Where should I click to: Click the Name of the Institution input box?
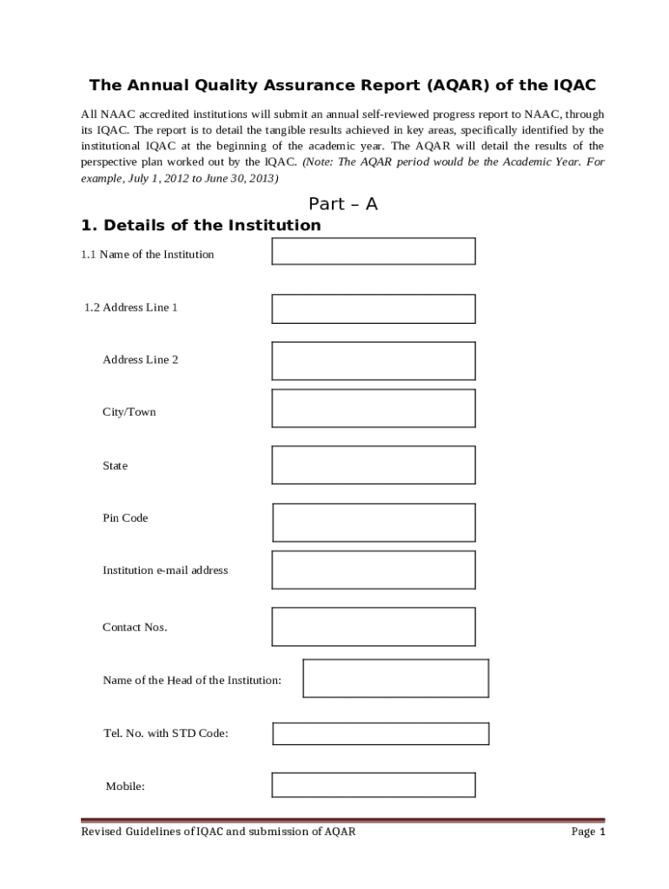374,251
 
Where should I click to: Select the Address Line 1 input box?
374,308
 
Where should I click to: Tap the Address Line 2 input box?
374,360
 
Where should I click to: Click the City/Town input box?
374,408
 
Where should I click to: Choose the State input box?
374,464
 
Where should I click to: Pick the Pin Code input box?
374,522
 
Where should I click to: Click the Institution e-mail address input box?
374,570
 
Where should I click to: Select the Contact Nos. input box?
374,626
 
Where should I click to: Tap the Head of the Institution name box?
395,678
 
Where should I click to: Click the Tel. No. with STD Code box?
381,734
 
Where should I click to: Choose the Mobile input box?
374,785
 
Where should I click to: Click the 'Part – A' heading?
343,205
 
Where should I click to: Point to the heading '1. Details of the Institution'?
201,226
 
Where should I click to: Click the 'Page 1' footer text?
587,832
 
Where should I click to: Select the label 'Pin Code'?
125,518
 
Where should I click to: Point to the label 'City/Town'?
129,412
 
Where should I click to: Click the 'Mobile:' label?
125,787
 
